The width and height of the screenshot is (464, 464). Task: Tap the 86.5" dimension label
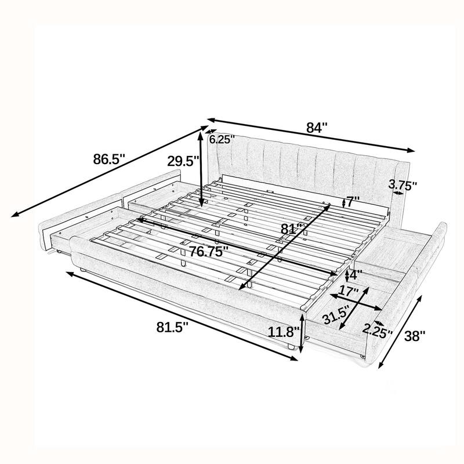click(110, 159)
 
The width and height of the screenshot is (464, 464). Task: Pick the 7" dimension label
click(353, 202)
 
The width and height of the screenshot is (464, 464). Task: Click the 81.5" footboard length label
click(171, 328)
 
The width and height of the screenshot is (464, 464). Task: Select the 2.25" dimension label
click(377, 332)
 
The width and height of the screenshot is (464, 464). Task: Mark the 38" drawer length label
click(415, 335)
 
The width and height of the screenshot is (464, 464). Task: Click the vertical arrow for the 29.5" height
click(200, 169)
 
